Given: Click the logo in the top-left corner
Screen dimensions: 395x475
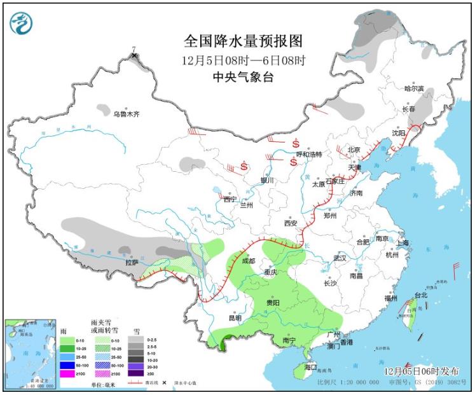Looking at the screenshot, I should coord(21,23).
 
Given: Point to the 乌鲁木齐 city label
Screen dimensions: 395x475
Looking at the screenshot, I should coord(126,114).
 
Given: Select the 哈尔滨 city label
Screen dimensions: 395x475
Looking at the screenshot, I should coord(414,89).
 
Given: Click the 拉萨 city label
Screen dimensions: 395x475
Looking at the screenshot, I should coord(131,261).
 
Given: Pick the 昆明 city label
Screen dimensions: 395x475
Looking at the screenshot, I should coord(235,317).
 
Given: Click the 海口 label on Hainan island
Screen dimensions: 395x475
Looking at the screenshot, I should coord(310,367).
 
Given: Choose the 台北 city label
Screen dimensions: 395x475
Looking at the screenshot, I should coord(421,295).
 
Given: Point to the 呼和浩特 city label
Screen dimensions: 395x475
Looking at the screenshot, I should coord(310,155).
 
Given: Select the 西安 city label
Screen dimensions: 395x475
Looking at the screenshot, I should coord(291,223).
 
